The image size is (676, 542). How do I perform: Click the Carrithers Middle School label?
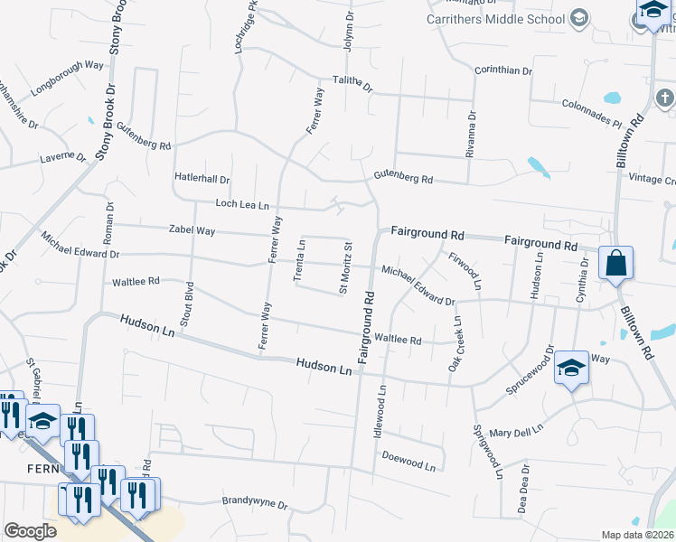pos(496,18)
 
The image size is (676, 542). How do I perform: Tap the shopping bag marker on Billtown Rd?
pos(615,263)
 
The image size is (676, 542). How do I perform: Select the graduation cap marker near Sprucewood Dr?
pos(571,368)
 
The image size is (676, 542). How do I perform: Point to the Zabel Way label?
pos(192,231)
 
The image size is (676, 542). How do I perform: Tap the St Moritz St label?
pos(344,267)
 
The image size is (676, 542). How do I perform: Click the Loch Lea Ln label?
pos(242,205)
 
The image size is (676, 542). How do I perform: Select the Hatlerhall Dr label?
pos(202,180)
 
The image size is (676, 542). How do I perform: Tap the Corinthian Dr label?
pos(503,70)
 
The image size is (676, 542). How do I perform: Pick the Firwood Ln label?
pos(465,270)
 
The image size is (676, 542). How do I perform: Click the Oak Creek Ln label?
pos(457,344)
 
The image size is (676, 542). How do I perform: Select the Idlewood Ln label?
pos(380,412)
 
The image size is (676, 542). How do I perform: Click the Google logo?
pos(30,531)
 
